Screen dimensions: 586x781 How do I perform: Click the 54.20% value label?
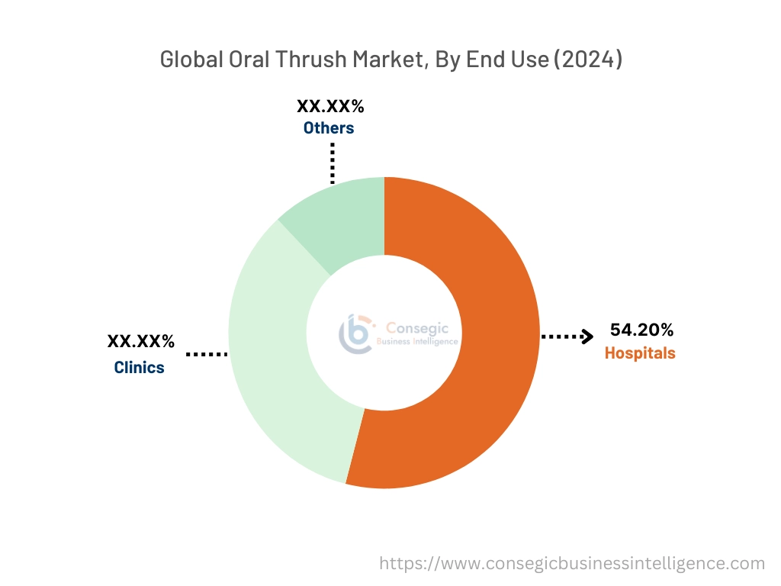click(x=641, y=330)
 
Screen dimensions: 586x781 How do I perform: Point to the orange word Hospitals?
click(x=640, y=353)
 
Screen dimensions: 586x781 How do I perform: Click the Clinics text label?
click(x=139, y=367)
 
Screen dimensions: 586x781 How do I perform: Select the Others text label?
click(x=329, y=127)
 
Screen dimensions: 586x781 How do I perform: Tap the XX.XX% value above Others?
click(x=330, y=106)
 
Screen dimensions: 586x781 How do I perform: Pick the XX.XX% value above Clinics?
click(x=141, y=342)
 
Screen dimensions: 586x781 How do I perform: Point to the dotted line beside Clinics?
click(x=207, y=354)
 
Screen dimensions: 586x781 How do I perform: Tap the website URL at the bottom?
click(x=572, y=563)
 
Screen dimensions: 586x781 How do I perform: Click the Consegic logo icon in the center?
click(x=355, y=333)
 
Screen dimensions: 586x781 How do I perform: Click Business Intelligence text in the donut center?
click(x=418, y=342)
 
